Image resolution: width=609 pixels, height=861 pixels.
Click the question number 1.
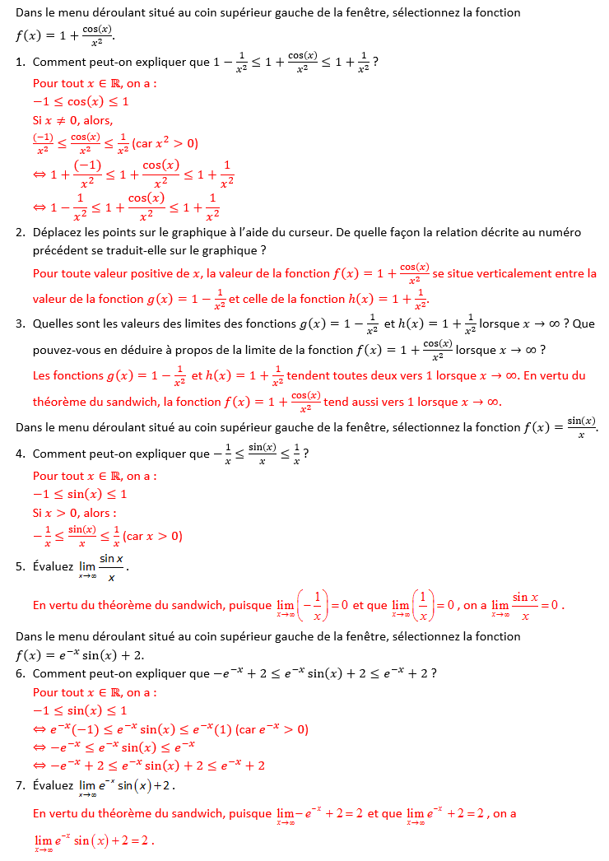point(20,62)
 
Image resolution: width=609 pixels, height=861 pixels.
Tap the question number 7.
point(20,785)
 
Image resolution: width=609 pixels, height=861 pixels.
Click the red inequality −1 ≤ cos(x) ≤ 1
point(81,101)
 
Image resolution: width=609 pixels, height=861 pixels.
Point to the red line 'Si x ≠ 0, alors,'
point(72,120)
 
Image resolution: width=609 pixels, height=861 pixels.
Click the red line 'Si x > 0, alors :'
point(75,513)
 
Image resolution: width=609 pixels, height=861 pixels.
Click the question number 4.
point(20,454)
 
